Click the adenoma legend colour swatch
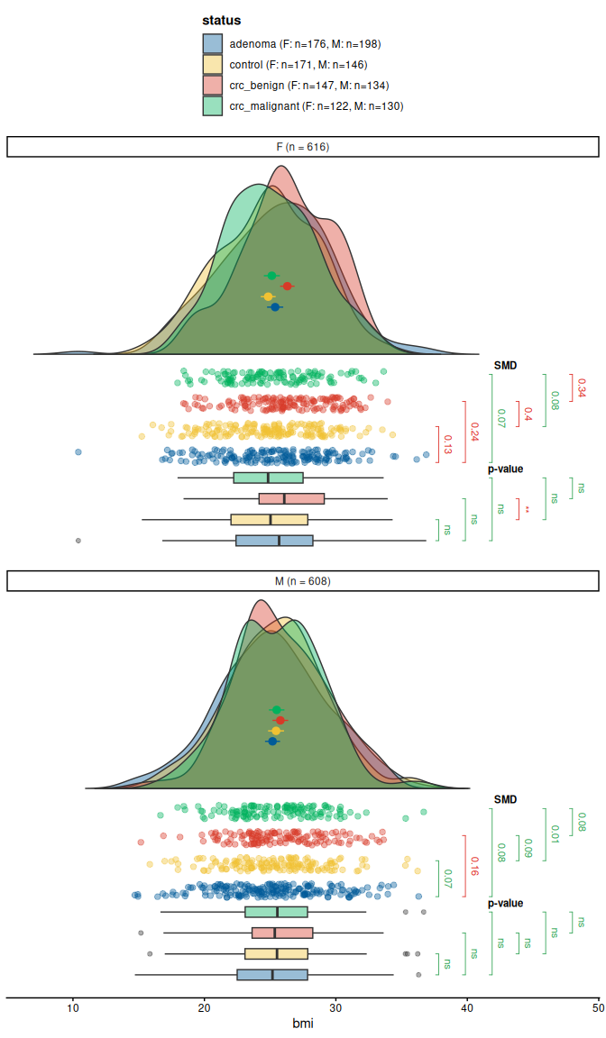pos(213,43)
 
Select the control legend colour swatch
pos(213,64)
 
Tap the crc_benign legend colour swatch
pos(213,85)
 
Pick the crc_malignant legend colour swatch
pos(213,105)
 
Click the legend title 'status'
pos(221,20)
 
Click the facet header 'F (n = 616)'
pos(303,147)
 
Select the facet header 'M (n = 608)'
pos(303,581)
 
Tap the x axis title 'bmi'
pos(303,1024)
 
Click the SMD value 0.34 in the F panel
pos(581,387)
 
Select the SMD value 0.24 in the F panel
pos(474,432)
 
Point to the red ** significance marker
pos(528,511)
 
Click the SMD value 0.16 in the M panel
pos(474,866)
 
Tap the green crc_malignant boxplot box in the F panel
pos(269,478)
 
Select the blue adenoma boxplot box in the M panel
pos(272,975)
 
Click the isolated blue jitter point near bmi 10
pos(78,451)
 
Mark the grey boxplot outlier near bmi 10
pos(78,541)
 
